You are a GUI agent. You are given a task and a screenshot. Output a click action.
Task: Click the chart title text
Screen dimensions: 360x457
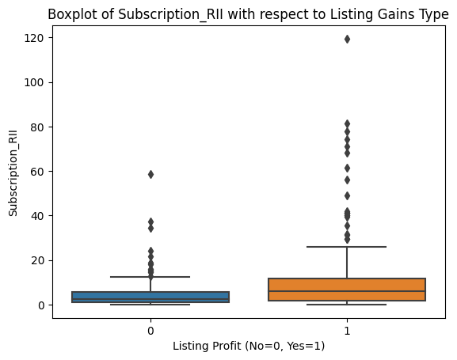click(x=248, y=14)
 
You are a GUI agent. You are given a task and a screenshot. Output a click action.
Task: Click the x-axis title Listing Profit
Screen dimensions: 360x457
click(x=248, y=346)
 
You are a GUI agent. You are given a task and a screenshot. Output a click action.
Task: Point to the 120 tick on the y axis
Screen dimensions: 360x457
click(x=36, y=38)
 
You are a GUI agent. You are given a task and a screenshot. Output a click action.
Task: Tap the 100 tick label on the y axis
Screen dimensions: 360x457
click(x=36, y=82)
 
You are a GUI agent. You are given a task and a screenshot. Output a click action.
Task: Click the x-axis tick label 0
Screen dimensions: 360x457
click(x=150, y=329)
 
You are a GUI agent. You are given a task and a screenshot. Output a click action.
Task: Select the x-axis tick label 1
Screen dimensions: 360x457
click(x=347, y=329)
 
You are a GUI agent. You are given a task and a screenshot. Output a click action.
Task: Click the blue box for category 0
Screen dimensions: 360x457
click(x=150, y=297)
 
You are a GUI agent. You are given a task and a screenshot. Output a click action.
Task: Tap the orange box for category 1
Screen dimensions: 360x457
click(x=347, y=290)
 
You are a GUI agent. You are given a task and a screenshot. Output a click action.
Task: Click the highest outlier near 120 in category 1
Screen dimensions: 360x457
click(x=347, y=39)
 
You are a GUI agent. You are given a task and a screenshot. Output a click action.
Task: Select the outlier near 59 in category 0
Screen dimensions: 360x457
click(x=150, y=174)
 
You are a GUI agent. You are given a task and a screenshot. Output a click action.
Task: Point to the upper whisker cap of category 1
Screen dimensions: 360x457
click(x=347, y=247)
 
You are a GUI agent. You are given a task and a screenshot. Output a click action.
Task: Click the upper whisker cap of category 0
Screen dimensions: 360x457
click(x=150, y=277)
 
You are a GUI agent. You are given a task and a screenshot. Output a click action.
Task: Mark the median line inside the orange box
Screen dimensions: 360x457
click(x=347, y=291)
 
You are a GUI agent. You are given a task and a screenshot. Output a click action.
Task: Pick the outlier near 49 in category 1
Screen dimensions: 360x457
click(x=347, y=195)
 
